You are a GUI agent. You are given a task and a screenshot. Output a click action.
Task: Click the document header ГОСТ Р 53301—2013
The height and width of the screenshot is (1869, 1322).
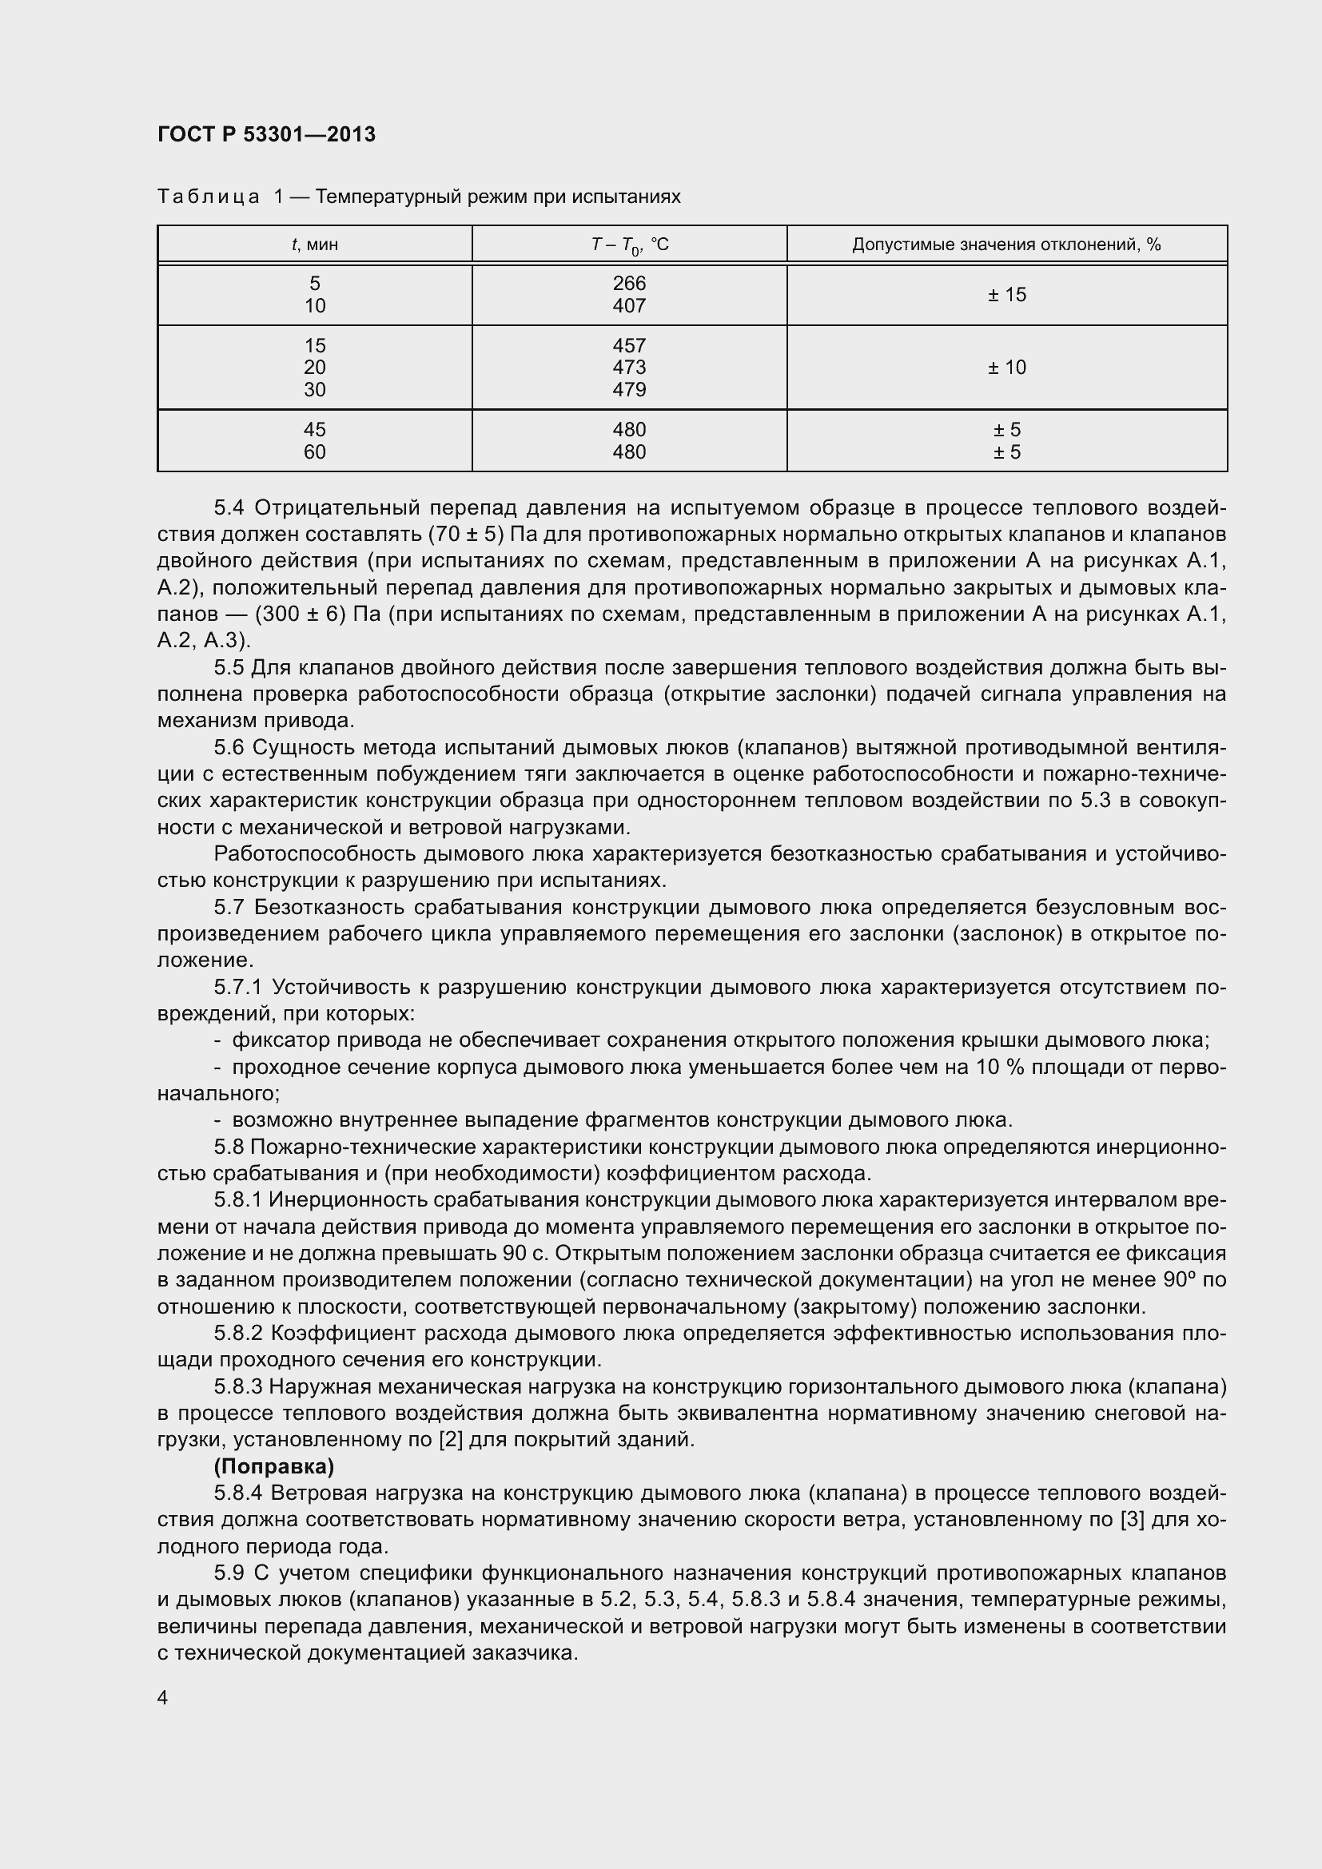point(266,134)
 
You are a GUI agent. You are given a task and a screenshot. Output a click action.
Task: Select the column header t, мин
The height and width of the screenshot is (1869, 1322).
point(314,245)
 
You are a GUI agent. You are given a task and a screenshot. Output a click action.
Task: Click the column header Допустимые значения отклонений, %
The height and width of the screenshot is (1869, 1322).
point(1006,245)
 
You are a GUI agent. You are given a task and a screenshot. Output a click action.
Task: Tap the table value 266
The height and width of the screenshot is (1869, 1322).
point(629,284)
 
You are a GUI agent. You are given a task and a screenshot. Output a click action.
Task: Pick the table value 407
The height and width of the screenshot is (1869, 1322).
point(629,306)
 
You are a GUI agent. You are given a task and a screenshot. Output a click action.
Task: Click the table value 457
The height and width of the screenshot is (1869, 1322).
point(629,345)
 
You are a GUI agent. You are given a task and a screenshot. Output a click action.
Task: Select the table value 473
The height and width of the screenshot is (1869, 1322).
point(629,367)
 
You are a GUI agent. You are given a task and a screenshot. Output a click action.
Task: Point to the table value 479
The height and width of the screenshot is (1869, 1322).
point(629,390)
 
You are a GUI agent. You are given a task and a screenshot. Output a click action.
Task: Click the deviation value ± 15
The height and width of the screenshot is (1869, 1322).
point(1007,295)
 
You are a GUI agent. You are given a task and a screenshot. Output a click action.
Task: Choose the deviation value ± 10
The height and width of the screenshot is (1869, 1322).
point(1007,367)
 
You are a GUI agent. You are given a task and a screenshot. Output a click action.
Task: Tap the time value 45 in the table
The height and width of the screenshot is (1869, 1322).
point(314,429)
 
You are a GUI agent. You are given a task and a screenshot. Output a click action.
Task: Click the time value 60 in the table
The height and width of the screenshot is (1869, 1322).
point(314,451)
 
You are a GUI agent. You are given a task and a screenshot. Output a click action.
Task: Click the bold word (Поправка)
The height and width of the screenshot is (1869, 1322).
point(273,1467)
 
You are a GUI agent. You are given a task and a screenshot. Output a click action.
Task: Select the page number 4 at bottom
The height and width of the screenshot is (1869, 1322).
point(163,1698)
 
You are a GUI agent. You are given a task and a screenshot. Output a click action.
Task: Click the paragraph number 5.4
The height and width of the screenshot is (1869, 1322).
point(229,508)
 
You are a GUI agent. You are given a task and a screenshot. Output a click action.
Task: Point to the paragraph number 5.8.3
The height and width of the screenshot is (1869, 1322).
point(237,1387)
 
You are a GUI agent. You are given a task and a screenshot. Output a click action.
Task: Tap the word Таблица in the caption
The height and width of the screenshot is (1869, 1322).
point(209,197)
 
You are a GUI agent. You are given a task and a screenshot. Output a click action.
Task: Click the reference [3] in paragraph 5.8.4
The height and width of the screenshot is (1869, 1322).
point(1133,1520)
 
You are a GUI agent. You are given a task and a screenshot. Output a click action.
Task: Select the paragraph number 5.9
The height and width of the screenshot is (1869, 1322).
point(229,1573)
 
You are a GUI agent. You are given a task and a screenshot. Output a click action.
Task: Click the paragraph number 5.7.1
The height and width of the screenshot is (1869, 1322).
point(237,988)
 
